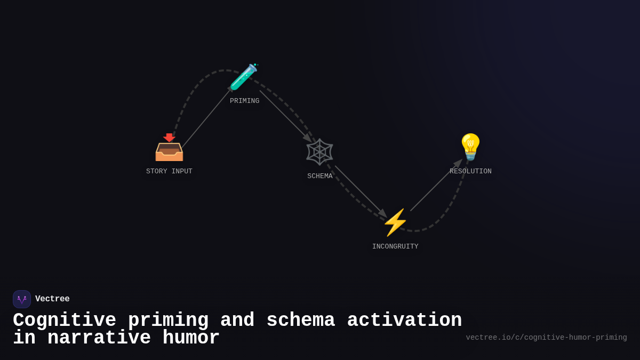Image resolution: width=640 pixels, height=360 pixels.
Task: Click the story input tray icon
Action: pyautogui.click(x=169, y=148)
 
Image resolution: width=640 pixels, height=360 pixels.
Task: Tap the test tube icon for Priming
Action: pyautogui.click(x=244, y=77)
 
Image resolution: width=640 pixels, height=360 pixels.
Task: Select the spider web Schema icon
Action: pyautogui.click(x=319, y=151)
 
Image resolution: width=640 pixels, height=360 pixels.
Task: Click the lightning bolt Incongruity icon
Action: pyautogui.click(x=395, y=222)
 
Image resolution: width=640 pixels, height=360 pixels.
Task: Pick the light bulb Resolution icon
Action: pyautogui.click(x=470, y=147)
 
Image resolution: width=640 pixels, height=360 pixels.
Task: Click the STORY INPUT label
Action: pyautogui.click(x=169, y=171)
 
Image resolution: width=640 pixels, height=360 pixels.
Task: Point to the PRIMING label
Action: pyautogui.click(x=244, y=101)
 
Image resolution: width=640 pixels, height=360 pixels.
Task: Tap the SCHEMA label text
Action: pyautogui.click(x=319, y=176)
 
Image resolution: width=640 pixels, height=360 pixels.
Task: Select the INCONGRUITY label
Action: pyautogui.click(x=395, y=246)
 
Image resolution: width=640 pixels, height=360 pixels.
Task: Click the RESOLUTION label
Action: pyautogui.click(x=470, y=171)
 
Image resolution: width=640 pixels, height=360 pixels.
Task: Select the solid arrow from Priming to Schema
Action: pyautogui.click(x=285, y=116)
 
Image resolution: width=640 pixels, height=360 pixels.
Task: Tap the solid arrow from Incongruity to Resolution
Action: pyautogui.click(x=435, y=186)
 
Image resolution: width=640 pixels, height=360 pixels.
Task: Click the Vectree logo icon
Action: pyautogui.click(x=22, y=299)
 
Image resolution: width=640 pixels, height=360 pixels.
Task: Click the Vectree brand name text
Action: pyautogui.click(x=52, y=299)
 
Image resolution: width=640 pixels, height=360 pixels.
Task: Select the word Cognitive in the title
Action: pyautogui.click(x=65, y=321)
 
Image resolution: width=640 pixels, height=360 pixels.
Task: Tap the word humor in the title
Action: pyautogui.click(x=191, y=338)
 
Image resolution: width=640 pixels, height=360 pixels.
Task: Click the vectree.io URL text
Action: pyautogui.click(x=546, y=338)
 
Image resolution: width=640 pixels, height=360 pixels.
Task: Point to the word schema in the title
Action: pyautogui.click(x=300, y=321)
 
